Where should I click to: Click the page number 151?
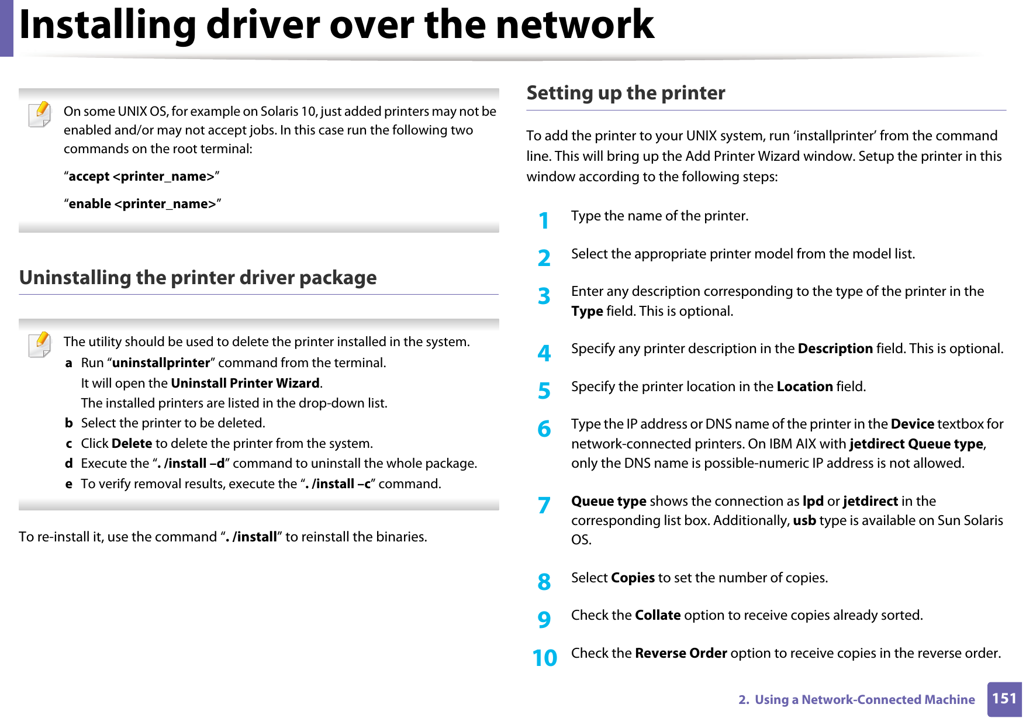pyautogui.click(x=1004, y=699)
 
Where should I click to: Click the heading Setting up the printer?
pyautogui.click(x=626, y=93)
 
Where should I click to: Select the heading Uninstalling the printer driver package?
pyautogui.click(x=198, y=277)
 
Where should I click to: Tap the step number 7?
pyautogui.click(x=544, y=505)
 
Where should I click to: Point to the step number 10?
pyautogui.click(x=544, y=658)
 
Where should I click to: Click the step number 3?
pyautogui.click(x=544, y=296)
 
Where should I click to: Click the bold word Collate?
pyautogui.click(x=657, y=615)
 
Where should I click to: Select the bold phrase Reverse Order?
pyautogui.click(x=680, y=653)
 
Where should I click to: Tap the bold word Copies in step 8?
pyautogui.click(x=633, y=578)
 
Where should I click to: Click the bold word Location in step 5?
pyautogui.click(x=804, y=386)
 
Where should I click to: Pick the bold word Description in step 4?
pyautogui.click(x=835, y=348)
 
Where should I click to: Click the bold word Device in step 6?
pyautogui.click(x=912, y=424)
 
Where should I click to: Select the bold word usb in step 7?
pyautogui.click(x=804, y=520)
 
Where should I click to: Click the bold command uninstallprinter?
pyautogui.click(x=161, y=362)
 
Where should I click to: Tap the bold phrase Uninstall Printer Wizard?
pyautogui.click(x=245, y=383)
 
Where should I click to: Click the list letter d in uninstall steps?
pyautogui.click(x=69, y=463)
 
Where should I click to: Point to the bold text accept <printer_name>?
pyautogui.click(x=141, y=177)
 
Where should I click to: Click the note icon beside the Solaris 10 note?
pyautogui.click(x=40, y=114)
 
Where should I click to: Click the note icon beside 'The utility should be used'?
pyautogui.click(x=40, y=344)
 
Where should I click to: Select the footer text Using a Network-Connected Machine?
pyautogui.click(x=864, y=699)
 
